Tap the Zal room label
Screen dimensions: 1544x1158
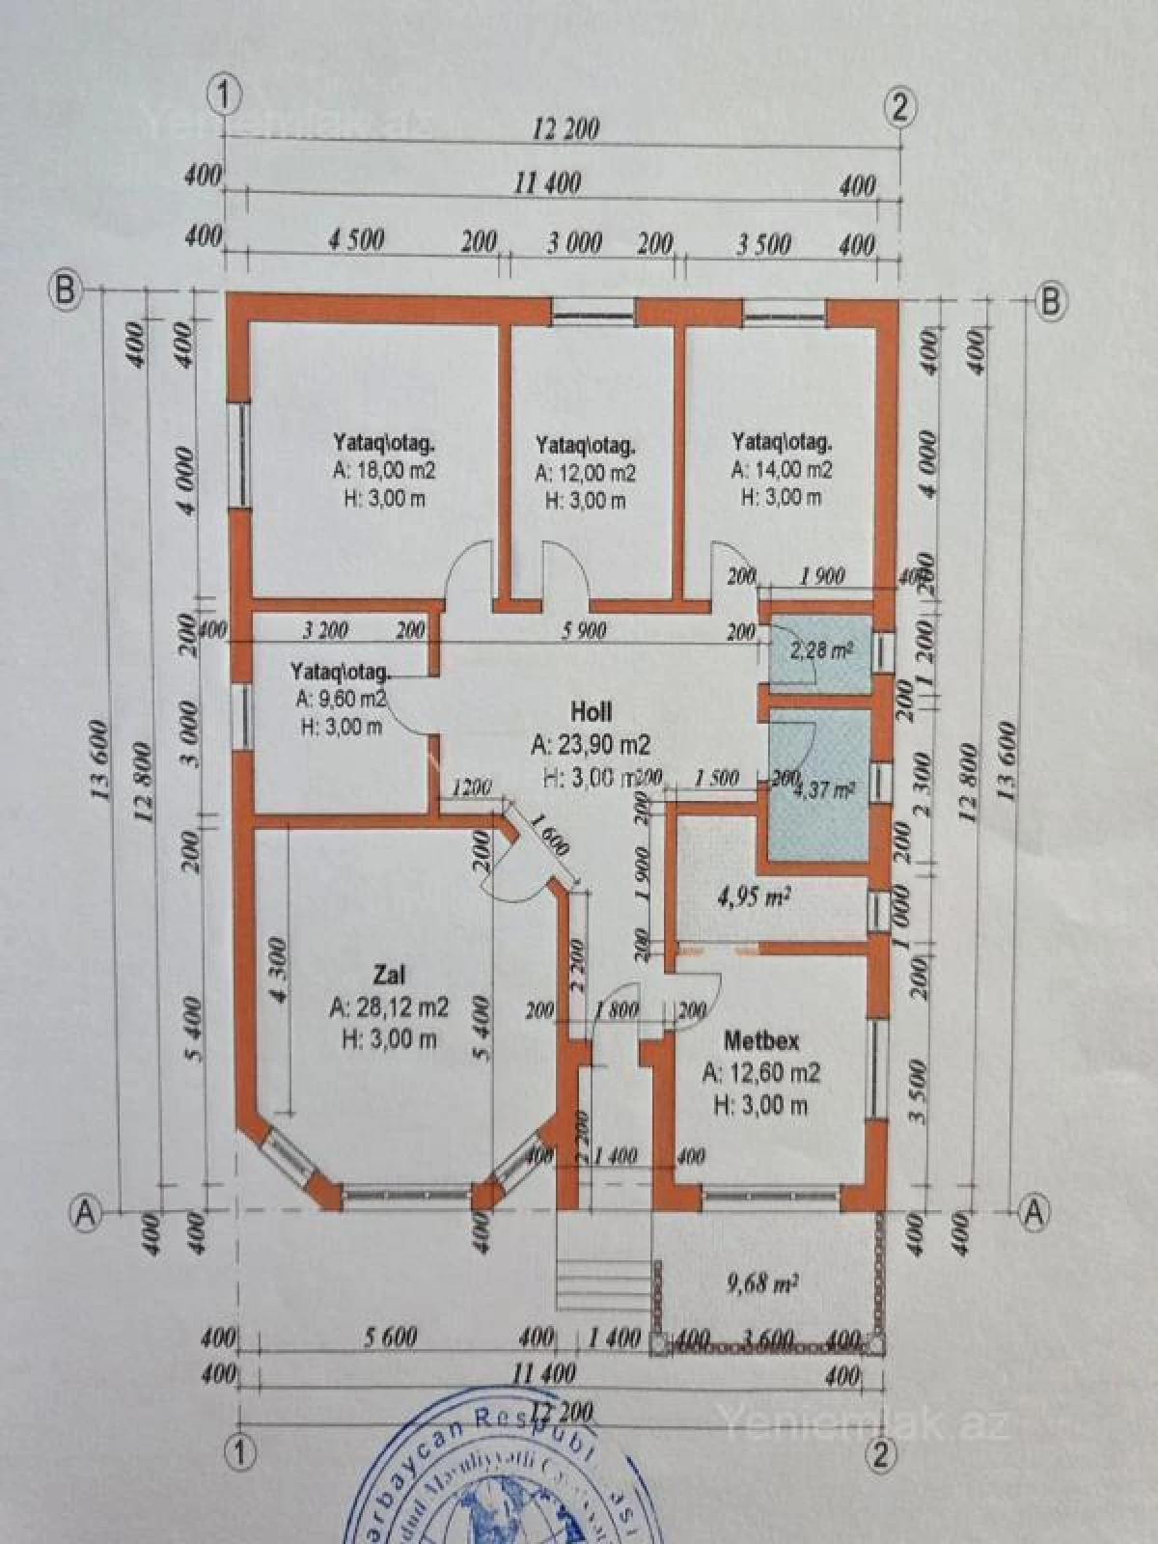pyautogui.click(x=389, y=971)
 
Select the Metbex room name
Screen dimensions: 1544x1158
pyautogui.click(x=761, y=1042)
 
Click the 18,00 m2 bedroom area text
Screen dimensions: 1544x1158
pyautogui.click(x=384, y=471)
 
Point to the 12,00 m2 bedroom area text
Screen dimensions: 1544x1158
pyautogui.click(x=586, y=474)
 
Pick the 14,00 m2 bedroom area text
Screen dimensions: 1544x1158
pyautogui.click(x=782, y=470)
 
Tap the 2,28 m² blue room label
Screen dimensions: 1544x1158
pyautogui.click(x=820, y=650)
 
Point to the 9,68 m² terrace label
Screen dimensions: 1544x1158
pyautogui.click(x=761, y=1283)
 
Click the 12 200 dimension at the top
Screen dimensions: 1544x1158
pyautogui.click(x=565, y=128)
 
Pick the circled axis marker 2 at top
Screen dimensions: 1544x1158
pyautogui.click(x=899, y=108)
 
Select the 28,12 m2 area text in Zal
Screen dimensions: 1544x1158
pyautogui.click(x=389, y=1007)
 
